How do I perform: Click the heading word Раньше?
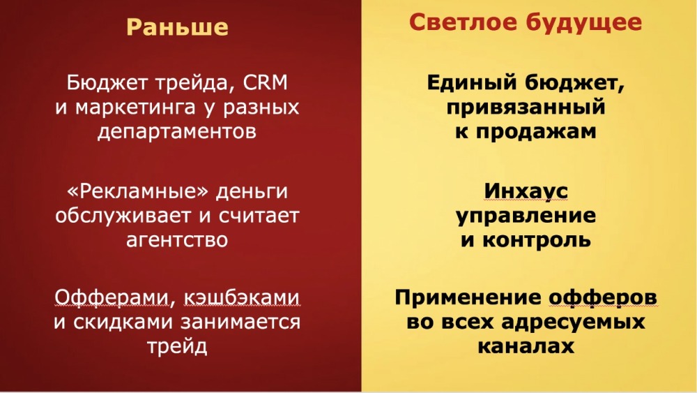177,27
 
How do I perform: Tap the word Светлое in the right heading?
464,22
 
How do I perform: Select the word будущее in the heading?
583,23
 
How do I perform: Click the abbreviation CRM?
266,83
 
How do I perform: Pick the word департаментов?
177,132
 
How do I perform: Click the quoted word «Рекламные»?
137,192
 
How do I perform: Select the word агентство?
177,240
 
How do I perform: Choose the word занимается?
241,322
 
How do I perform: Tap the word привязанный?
526,108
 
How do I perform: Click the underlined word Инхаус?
526,192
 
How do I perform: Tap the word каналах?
526,346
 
